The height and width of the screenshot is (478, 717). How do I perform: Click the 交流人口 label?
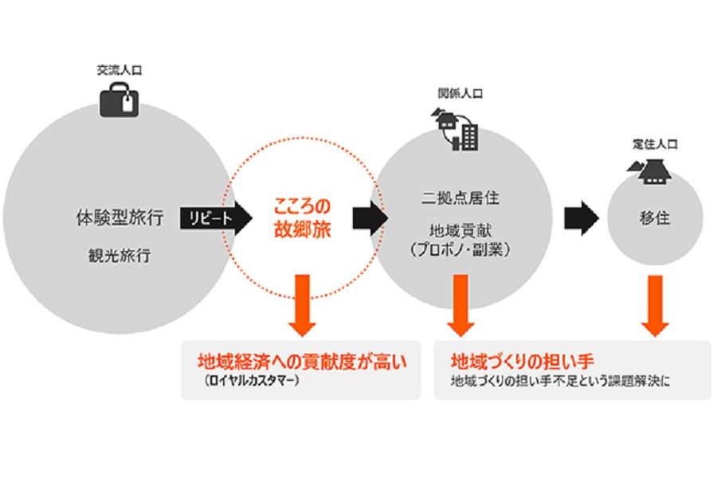[117, 72]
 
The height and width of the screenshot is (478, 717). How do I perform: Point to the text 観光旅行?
[117, 257]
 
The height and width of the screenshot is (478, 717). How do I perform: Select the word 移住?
[655, 218]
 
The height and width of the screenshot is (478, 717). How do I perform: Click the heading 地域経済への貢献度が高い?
[302, 361]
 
